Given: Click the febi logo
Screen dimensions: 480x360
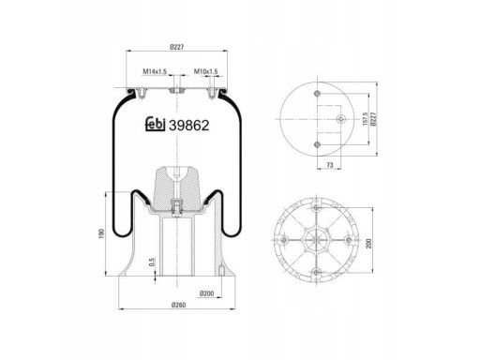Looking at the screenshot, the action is click(x=156, y=125).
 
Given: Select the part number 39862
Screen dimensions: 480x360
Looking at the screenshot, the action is click(x=189, y=126).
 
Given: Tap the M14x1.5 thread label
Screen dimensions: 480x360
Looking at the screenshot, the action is click(x=155, y=71).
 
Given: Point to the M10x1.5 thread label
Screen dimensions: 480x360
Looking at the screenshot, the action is click(x=206, y=71).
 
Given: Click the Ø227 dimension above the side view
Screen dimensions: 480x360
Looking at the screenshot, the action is click(x=177, y=47).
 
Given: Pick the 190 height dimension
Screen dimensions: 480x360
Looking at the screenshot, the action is click(x=101, y=233).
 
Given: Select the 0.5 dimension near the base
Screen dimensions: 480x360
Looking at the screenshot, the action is click(x=152, y=262).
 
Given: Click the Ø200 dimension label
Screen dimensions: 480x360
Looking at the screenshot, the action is click(x=206, y=293).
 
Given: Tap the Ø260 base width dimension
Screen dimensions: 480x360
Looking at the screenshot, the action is click(x=178, y=305).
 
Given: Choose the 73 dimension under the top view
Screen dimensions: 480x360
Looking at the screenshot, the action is click(x=330, y=165).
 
